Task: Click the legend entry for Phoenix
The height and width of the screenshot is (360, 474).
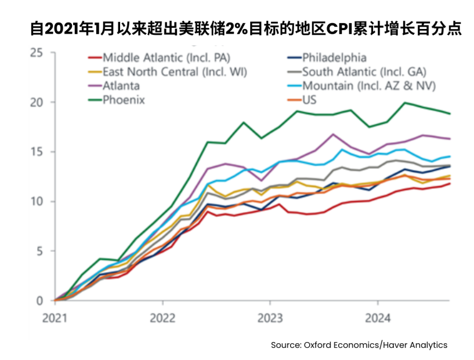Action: [x=123, y=100]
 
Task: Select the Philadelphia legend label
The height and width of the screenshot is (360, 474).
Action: [x=334, y=57]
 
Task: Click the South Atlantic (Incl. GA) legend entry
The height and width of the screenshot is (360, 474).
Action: [x=364, y=72]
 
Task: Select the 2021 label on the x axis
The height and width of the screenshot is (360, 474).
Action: [x=55, y=318]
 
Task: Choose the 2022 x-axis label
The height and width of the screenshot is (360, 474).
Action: [x=163, y=318]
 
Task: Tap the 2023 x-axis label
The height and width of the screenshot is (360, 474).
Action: [x=270, y=318]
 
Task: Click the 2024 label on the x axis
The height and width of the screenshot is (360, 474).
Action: [x=378, y=318]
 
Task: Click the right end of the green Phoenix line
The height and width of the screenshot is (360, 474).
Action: [x=450, y=114]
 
